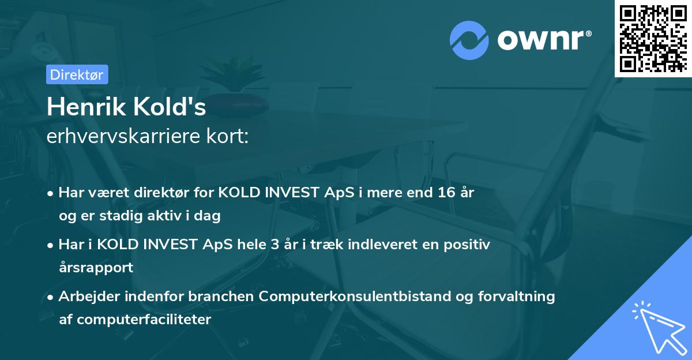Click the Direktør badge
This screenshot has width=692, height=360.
click(x=77, y=74)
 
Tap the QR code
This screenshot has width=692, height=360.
click(x=653, y=39)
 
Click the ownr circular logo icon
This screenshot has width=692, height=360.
click(x=469, y=41)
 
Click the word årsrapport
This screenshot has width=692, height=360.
click(x=96, y=267)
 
